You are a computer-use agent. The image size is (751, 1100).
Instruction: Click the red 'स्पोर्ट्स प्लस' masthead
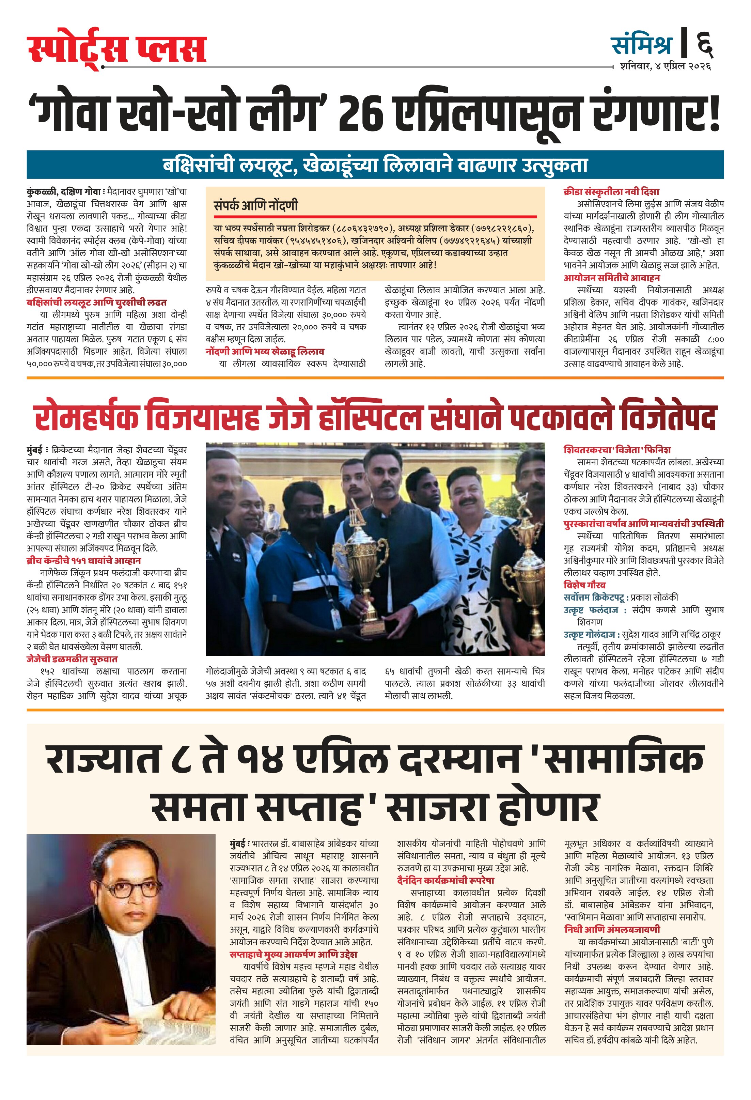point(116,49)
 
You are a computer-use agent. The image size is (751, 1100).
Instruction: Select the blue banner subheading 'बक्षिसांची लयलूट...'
point(375,165)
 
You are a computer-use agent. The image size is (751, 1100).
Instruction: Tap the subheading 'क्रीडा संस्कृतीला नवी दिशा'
point(611,192)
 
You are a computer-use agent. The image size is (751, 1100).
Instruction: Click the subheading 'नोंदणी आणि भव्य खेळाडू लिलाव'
point(265,351)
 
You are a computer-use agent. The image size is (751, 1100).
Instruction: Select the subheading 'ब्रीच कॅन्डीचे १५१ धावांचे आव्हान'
point(84,560)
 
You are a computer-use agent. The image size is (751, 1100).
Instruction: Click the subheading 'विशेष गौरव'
point(584,585)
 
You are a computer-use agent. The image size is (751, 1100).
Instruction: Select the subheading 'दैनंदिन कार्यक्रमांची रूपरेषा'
point(445,880)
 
